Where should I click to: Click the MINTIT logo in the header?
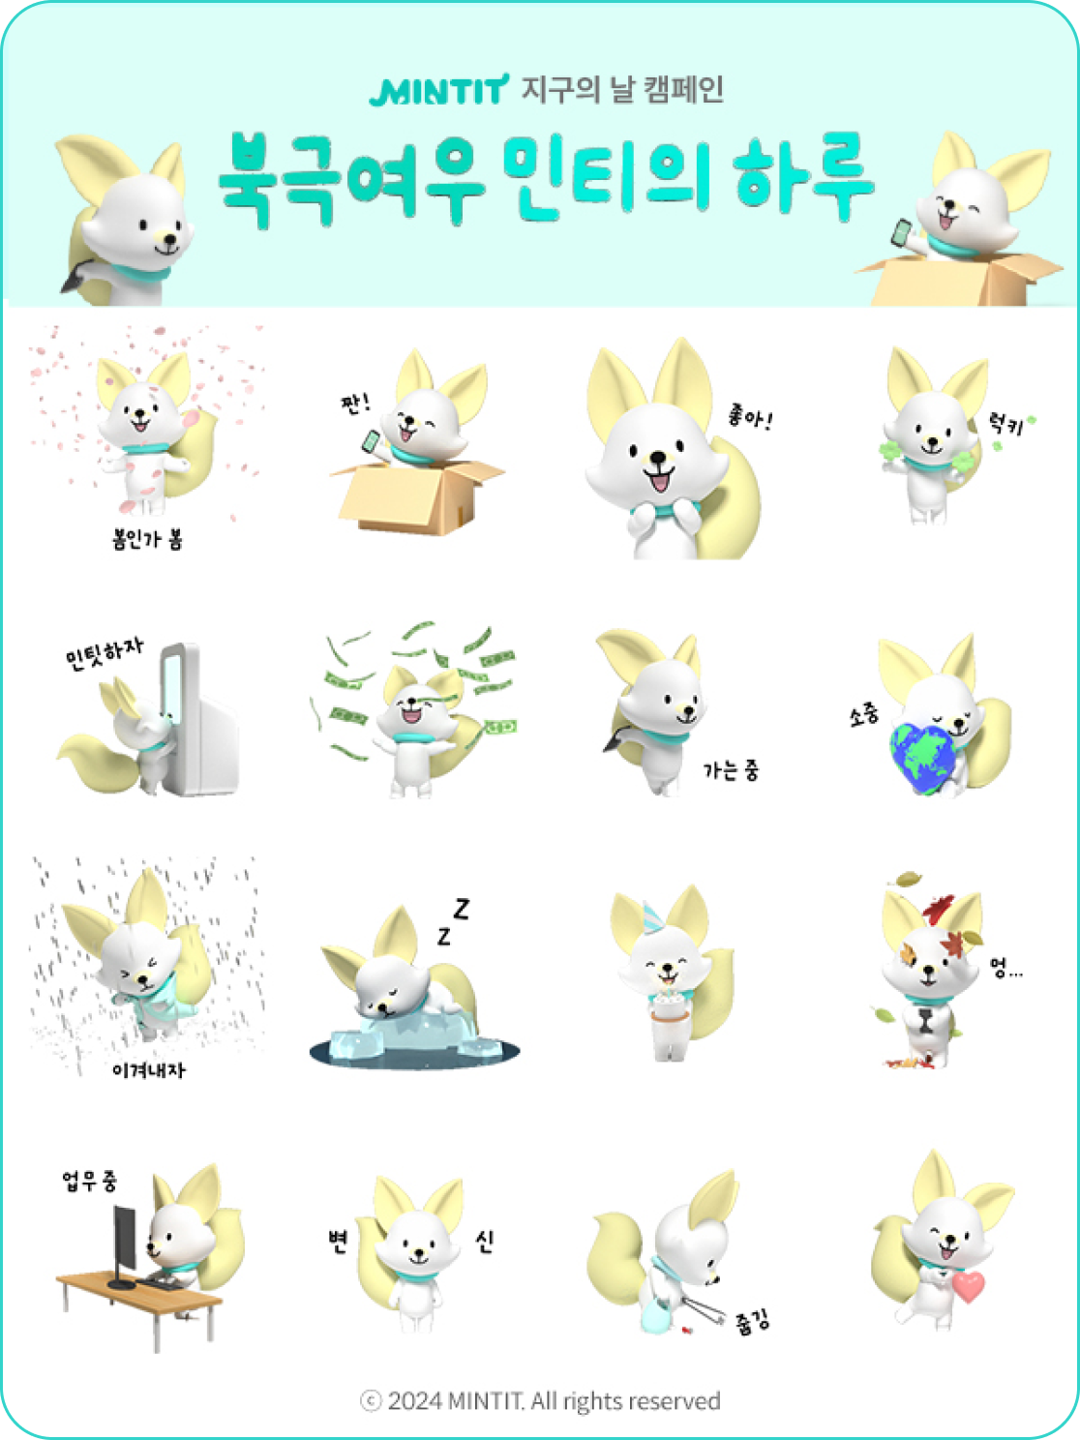[x=438, y=90]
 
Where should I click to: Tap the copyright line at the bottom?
[x=540, y=1400]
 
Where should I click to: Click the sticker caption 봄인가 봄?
[x=147, y=539]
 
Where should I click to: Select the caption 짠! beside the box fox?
[x=355, y=403]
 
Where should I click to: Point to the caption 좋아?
[x=750, y=416]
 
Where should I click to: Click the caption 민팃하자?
[x=104, y=653]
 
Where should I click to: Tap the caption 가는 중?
[x=732, y=770]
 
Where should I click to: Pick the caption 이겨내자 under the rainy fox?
[x=149, y=1070]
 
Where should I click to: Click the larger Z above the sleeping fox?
[x=462, y=909]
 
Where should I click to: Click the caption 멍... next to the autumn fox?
[x=1005, y=967]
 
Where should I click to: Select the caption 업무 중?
[x=89, y=1181]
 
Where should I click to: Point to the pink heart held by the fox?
[x=968, y=1287]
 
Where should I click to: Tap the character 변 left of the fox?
[x=338, y=1242]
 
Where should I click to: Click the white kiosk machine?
[x=198, y=718]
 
